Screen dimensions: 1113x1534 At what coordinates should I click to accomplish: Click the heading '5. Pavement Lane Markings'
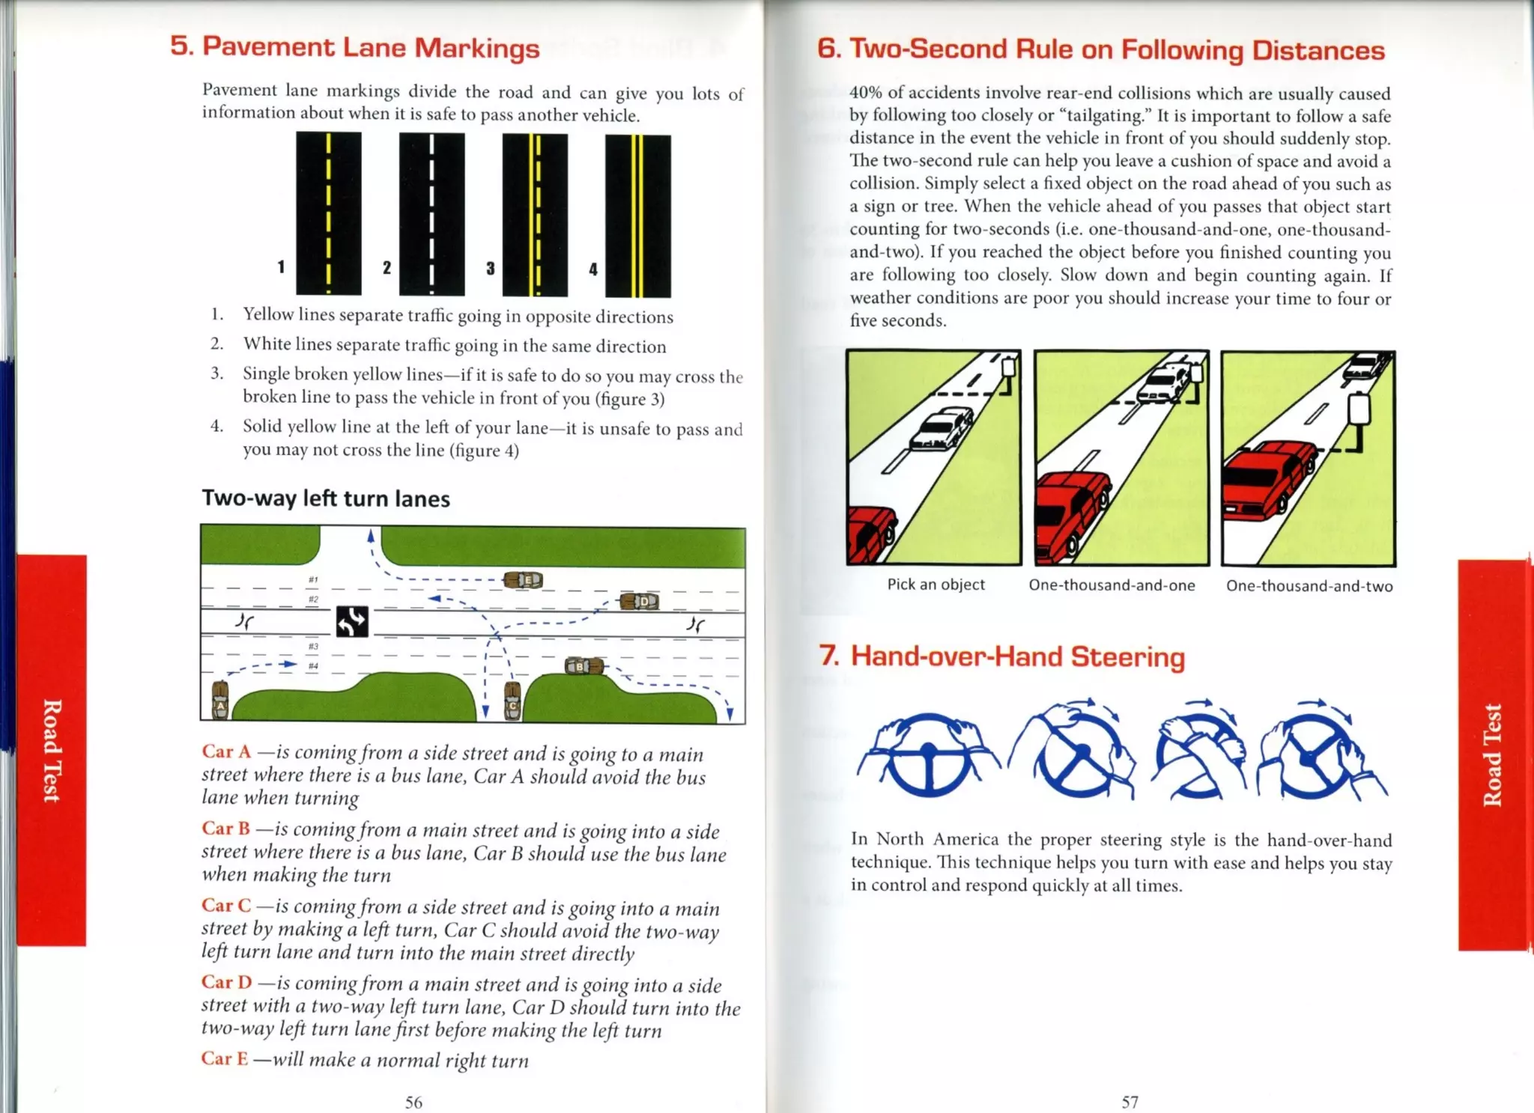(x=354, y=47)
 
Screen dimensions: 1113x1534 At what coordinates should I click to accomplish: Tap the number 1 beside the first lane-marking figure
(x=281, y=266)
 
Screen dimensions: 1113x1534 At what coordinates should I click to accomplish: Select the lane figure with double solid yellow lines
(x=637, y=216)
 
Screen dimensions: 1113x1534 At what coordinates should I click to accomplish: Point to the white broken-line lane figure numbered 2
(x=431, y=214)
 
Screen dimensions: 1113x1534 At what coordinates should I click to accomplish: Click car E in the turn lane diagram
(x=523, y=580)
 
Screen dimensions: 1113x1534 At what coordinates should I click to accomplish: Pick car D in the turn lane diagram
(x=640, y=601)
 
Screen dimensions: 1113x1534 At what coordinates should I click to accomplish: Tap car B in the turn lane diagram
(x=583, y=665)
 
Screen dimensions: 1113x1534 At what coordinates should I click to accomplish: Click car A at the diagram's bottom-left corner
(x=219, y=701)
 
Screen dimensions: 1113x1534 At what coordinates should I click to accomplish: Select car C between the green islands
(x=512, y=701)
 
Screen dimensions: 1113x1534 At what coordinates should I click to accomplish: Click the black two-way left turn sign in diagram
(x=351, y=621)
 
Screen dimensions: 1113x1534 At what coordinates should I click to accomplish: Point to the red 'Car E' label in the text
(x=224, y=1058)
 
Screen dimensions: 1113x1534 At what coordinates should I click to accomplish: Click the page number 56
(x=413, y=1102)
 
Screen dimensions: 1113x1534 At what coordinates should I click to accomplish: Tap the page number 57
(x=1130, y=1102)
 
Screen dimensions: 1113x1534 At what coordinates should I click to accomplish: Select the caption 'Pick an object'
(x=936, y=585)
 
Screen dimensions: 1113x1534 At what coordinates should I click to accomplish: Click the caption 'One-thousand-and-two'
(x=1309, y=586)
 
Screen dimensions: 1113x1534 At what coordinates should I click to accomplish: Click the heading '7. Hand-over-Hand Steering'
(x=1002, y=656)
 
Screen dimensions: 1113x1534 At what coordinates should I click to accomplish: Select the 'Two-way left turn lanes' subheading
(x=326, y=498)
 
